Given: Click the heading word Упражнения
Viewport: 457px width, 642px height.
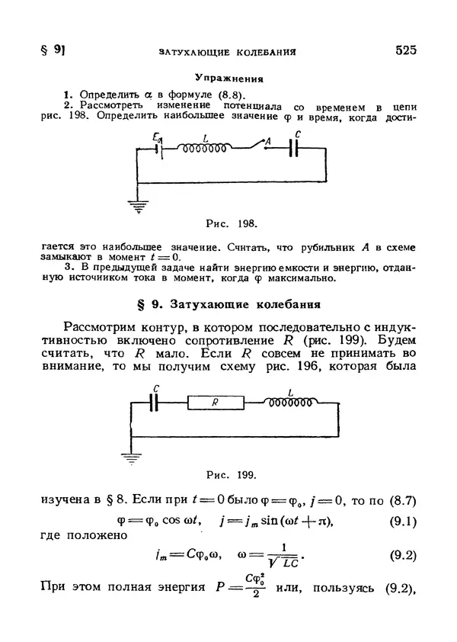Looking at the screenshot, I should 228,79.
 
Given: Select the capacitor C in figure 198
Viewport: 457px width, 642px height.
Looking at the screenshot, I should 295,149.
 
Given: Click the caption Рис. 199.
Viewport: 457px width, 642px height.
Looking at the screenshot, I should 232,477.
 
